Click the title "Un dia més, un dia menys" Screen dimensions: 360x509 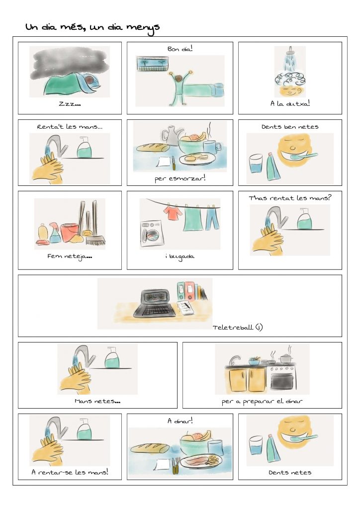tap(92, 28)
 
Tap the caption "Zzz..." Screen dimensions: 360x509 tap(70, 104)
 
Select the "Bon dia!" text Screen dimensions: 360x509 tap(180, 49)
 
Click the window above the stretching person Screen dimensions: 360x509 tap(152, 64)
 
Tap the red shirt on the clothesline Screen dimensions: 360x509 tap(173, 213)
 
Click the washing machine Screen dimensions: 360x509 tap(151, 233)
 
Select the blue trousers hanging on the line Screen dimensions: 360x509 tap(212, 218)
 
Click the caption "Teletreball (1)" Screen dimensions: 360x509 tap(238, 327)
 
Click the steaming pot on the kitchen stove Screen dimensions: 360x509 tap(286, 358)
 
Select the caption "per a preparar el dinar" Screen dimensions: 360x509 tap(262, 402)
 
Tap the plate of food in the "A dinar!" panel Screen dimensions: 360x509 tap(201, 461)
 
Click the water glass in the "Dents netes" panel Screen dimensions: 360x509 tap(256, 446)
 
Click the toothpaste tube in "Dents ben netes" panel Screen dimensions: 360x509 tap(272, 166)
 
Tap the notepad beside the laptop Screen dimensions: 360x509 tap(185, 307)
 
